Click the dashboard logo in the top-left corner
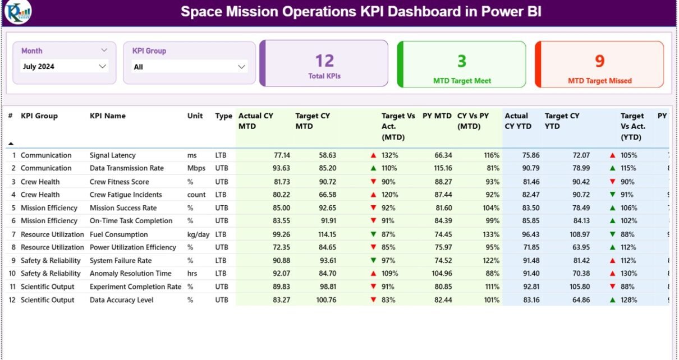click(17, 12)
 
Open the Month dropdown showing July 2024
click(64, 66)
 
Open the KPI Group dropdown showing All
click(190, 67)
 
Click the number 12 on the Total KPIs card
click(324, 61)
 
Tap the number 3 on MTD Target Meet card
click(462, 61)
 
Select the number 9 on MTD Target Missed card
click(599, 61)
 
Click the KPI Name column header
click(108, 116)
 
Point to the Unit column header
click(195, 116)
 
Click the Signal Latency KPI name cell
click(113, 155)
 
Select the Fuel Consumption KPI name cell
click(119, 234)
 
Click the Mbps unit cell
click(196, 168)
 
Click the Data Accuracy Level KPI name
click(122, 300)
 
